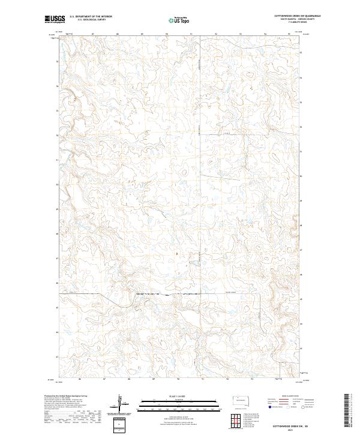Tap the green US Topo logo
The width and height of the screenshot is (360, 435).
tap(172, 20)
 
